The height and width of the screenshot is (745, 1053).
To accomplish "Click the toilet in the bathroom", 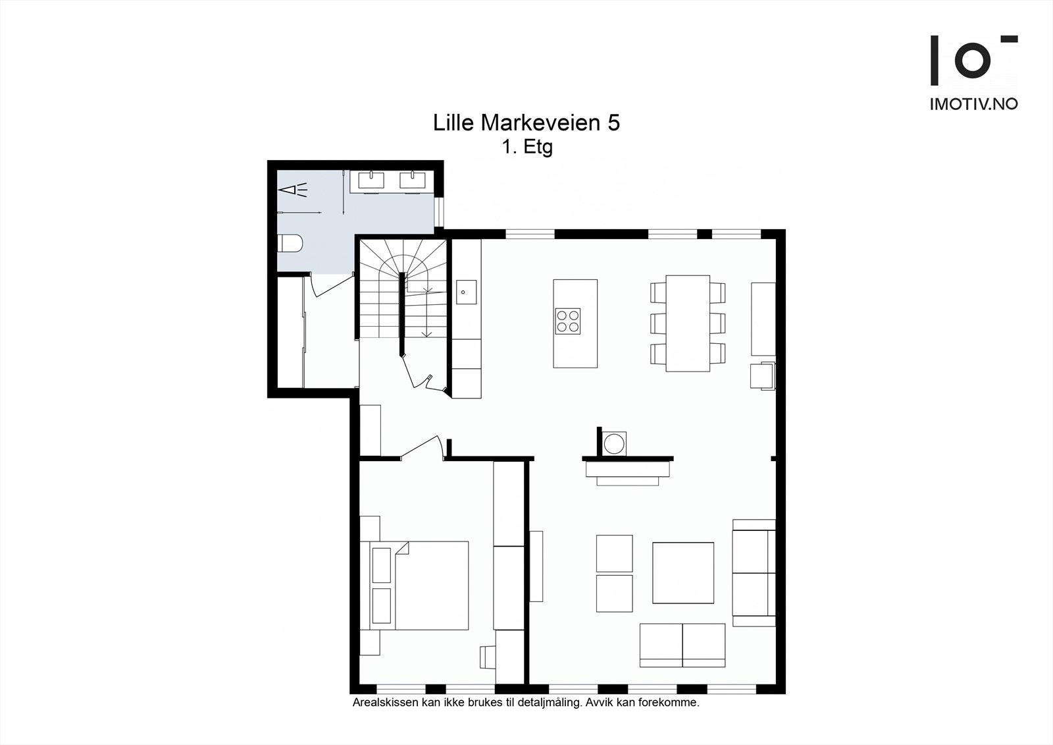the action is click(x=290, y=244).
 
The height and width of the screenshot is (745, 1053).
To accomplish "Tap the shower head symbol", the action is click(x=292, y=190).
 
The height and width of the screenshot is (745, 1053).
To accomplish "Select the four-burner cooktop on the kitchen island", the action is click(x=567, y=321).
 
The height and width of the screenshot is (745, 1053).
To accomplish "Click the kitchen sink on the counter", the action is click(x=466, y=292).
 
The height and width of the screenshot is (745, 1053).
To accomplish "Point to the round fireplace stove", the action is click(x=614, y=443).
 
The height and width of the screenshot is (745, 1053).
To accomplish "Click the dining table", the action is click(x=688, y=323).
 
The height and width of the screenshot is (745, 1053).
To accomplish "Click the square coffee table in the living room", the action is click(x=683, y=573).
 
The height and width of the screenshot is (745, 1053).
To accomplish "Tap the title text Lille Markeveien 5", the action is click(x=526, y=123).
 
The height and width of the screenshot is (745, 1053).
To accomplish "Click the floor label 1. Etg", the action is click(x=527, y=148).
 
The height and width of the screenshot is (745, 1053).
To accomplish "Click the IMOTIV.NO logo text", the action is click(x=973, y=104).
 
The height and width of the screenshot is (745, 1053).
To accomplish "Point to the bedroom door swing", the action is click(x=422, y=447).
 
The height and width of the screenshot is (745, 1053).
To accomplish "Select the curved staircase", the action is click(x=403, y=289).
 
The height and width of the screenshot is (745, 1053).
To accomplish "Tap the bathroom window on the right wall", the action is click(x=438, y=212).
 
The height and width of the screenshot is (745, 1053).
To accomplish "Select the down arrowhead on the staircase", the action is click(x=427, y=334).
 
